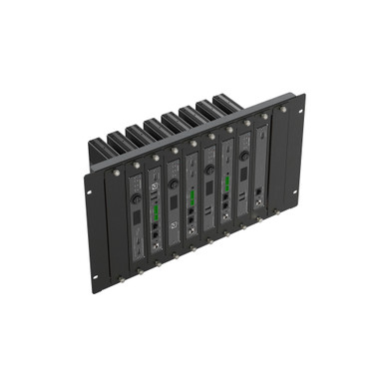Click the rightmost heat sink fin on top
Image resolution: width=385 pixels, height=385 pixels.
pos(225,102)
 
